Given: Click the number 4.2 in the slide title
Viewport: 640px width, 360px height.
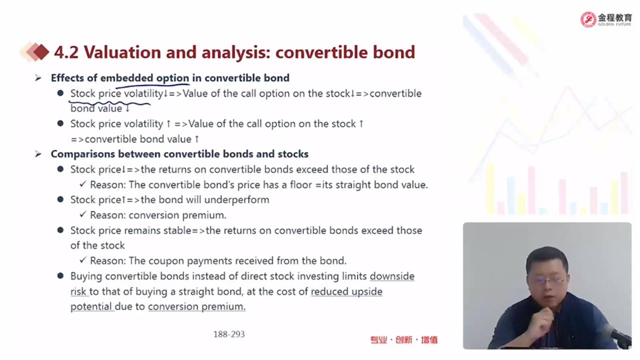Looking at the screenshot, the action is (66, 52).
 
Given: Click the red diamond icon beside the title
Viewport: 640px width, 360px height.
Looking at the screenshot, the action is (41, 52).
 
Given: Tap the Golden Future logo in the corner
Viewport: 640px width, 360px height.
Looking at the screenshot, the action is (606, 19).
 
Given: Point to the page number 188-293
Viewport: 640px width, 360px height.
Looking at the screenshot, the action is (229, 334).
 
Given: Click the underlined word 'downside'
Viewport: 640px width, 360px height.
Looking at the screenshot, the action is (392, 276).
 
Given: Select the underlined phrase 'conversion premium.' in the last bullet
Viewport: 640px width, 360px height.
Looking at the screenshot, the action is (196, 307).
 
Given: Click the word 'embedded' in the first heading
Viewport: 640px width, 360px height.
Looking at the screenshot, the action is (127, 78).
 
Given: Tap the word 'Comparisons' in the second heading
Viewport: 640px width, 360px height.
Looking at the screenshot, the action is (83, 154).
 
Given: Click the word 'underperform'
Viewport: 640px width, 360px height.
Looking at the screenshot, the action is (237, 200).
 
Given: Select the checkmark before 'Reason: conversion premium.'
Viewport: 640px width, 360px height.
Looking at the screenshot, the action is (83, 214).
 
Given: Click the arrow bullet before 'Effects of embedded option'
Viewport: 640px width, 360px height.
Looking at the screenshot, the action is (38, 78).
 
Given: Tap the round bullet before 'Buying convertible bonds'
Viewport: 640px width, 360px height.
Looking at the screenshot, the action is (60, 276).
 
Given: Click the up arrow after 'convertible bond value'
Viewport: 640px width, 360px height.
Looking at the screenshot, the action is (196, 139).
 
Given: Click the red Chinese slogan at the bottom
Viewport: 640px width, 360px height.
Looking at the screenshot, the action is (404, 340).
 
